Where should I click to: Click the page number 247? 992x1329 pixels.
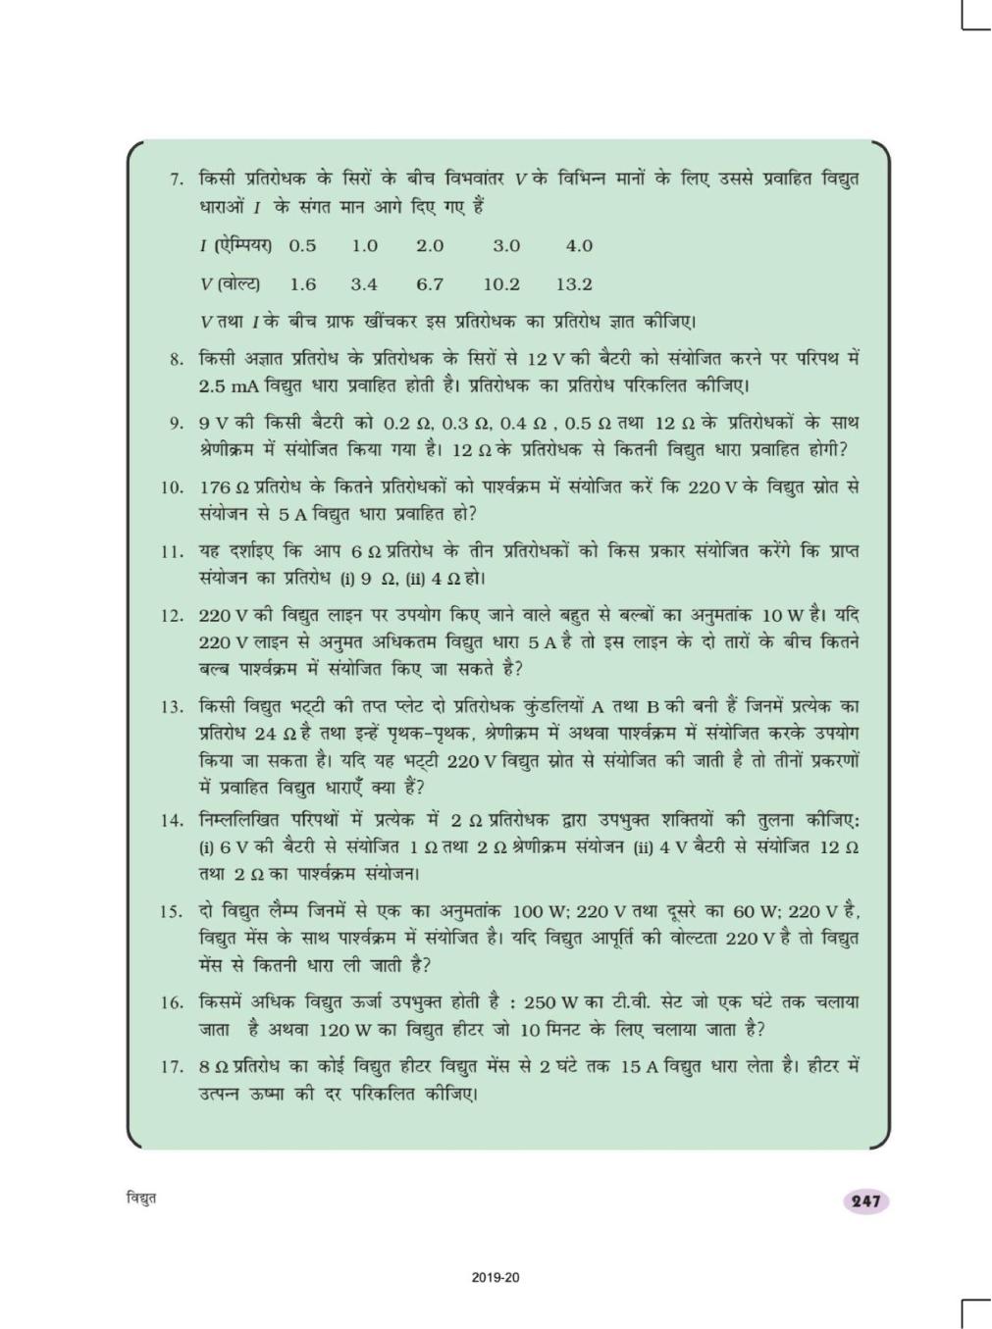click(867, 1201)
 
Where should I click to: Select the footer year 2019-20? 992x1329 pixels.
click(496, 1278)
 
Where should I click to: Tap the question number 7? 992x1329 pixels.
click(177, 180)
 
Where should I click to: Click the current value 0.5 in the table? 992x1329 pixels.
click(302, 245)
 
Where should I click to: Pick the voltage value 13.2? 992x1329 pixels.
click(574, 284)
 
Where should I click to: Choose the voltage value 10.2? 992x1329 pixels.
click(501, 284)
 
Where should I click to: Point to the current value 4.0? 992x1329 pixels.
click(579, 245)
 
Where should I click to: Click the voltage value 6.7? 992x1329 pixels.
click(430, 284)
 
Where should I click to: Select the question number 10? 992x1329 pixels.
click(172, 486)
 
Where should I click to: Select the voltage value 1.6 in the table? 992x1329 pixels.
click(303, 284)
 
